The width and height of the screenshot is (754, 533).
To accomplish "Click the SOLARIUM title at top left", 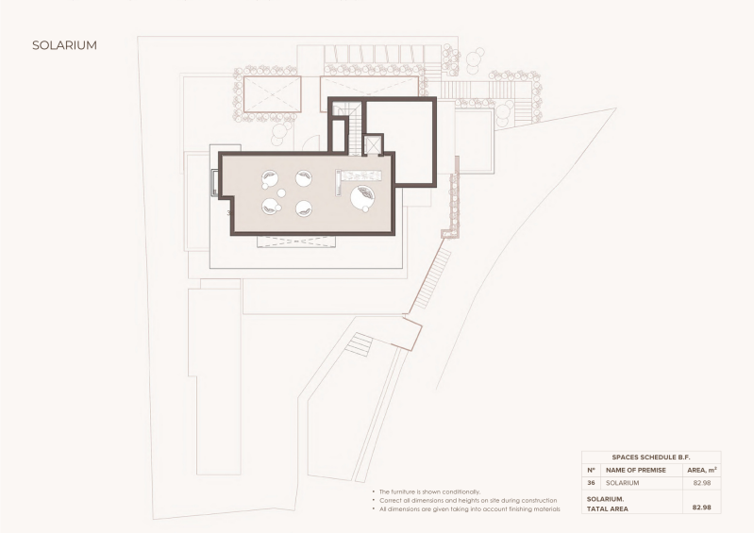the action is coord(64,45).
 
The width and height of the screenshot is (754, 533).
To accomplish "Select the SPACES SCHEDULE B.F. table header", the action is coord(650,458).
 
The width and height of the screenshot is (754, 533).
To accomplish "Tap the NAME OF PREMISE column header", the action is coord(636,470).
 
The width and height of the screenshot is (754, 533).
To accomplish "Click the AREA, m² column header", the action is coord(701,470).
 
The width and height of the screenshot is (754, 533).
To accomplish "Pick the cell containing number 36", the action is coord(591,483).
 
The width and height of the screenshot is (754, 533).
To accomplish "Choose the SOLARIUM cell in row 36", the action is coord(622,483).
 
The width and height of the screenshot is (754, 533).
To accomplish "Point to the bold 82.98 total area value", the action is coord(701,507).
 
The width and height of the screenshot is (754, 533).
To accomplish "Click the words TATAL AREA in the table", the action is coord(608,508).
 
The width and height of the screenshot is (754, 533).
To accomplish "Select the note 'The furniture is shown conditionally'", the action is coord(430,491).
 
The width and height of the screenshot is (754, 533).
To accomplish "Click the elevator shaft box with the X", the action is coord(373,144).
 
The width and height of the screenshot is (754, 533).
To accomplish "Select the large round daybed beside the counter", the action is coord(362,197).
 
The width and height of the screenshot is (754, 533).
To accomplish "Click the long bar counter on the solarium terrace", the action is coord(358,175).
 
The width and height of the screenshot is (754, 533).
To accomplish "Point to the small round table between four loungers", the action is coord(281,193).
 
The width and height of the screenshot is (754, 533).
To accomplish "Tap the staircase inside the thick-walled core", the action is coord(354,130).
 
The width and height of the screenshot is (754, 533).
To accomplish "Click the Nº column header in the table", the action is coord(591,470).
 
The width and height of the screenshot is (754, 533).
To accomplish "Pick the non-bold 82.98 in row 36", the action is coord(701,483).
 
